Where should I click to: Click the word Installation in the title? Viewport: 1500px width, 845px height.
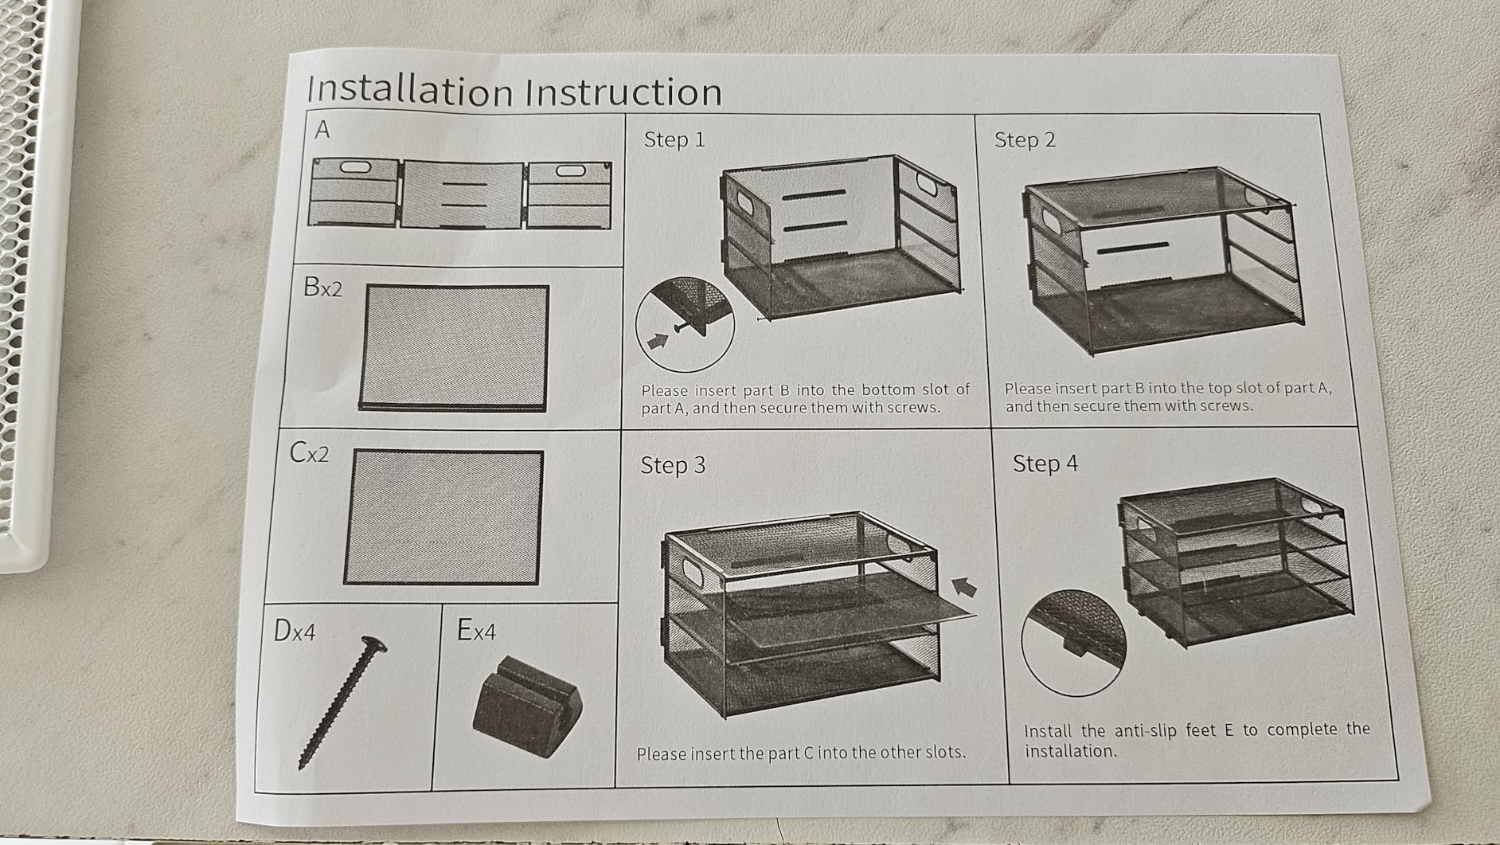(410, 90)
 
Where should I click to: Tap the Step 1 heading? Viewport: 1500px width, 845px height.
(674, 139)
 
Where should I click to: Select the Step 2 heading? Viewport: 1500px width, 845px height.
(1025, 139)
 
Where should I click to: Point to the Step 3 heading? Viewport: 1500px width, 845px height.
(673, 465)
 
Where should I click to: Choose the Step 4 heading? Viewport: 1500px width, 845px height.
(1045, 464)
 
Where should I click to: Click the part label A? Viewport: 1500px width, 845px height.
(322, 129)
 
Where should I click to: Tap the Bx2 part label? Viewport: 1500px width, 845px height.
(322, 287)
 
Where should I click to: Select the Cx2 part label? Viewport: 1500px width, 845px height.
(309, 452)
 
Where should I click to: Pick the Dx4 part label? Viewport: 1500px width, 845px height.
(295, 631)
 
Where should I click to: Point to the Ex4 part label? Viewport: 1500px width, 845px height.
(476, 630)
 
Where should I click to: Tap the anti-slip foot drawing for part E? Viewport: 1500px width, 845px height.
(527, 706)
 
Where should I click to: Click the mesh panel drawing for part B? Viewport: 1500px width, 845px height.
(455, 348)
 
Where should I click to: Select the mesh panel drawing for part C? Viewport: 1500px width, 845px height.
(443, 517)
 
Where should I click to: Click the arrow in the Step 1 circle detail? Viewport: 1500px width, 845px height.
(658, 341)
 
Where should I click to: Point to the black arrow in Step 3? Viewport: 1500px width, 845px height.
(965, 588)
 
